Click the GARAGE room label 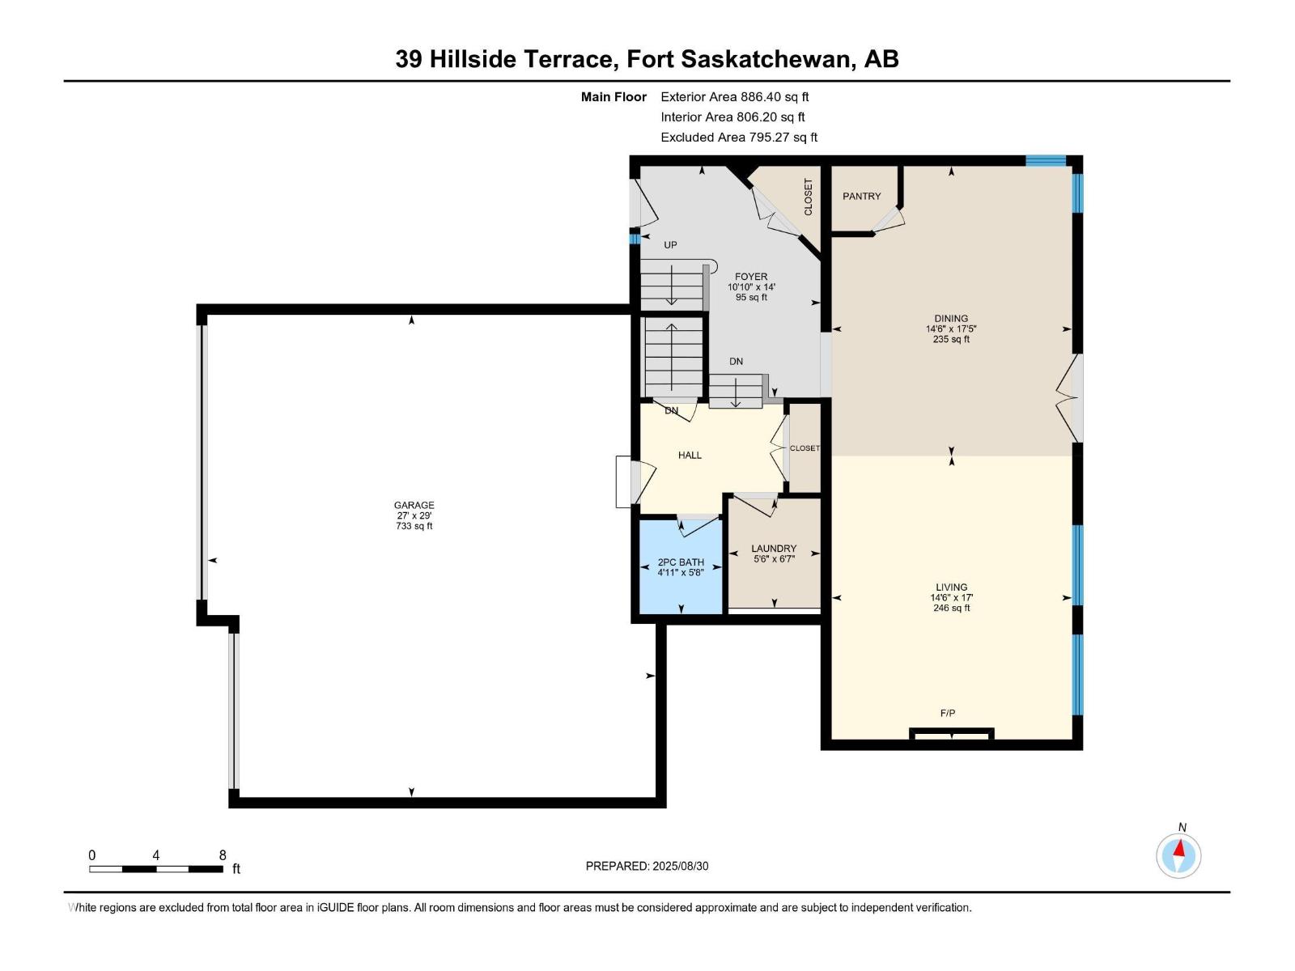414,505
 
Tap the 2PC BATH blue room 680,566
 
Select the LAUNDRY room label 774,549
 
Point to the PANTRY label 861,197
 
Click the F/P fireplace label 948,713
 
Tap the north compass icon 1178,855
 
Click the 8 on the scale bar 223,855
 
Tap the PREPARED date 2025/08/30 679,866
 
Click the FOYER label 751,277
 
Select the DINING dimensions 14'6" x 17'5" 951,329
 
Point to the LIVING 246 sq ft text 951,608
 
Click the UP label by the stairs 670,244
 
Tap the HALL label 690,456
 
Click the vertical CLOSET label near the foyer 808,197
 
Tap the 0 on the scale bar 92,855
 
